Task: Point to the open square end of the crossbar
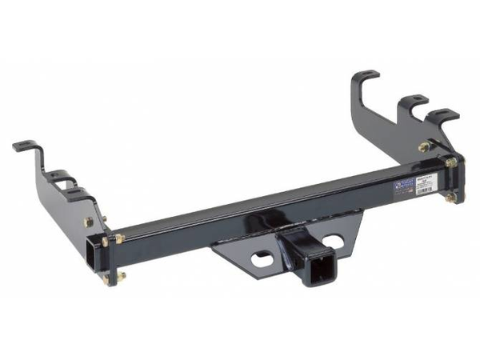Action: tap(90, 254)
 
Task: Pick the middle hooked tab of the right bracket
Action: tap(414, 101)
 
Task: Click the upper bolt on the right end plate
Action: tap(451, 162)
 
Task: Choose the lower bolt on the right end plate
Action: tap(451, 197)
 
